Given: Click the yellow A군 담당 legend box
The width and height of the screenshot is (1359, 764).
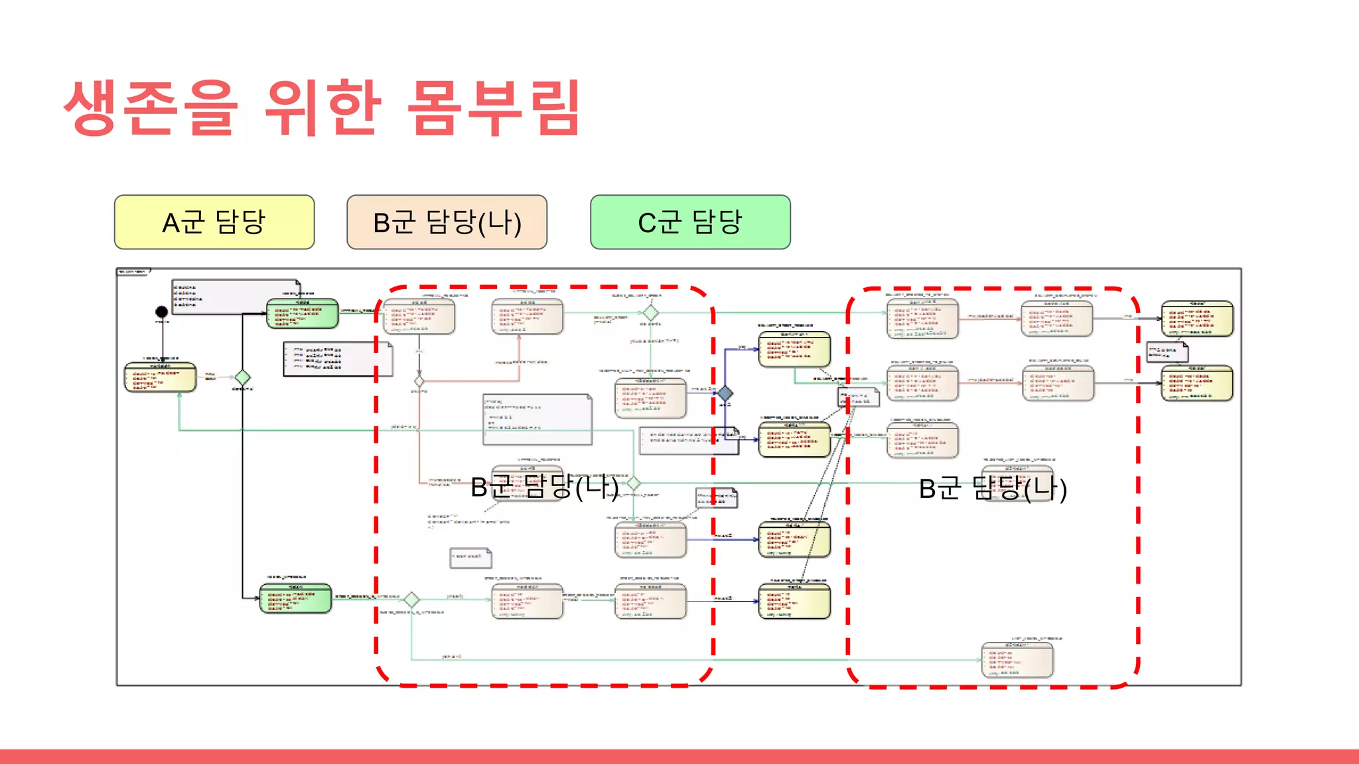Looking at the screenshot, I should coord(214,222).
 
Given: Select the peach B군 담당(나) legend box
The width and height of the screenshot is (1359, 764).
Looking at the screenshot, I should coord(447,222).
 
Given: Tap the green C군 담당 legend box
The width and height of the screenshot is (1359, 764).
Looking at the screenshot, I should coord(690,222).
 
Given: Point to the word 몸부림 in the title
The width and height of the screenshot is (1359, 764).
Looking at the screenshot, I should coord(494,107).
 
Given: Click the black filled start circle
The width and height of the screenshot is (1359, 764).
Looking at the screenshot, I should coord(161,312).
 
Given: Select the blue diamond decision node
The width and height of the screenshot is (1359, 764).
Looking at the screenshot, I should coord(725,394).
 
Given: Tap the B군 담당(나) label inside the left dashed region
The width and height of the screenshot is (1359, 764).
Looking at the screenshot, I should coord(544,487).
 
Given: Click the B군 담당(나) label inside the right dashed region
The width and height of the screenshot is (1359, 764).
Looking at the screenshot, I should coord(993,489).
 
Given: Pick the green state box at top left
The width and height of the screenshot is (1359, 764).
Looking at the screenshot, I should coord(303,314).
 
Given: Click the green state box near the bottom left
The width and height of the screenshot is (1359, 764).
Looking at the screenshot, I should coord(295,598).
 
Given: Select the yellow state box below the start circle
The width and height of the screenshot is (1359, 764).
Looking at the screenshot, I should coord(161,377).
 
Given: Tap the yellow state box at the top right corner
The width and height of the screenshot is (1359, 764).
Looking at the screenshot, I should coord(1197,319).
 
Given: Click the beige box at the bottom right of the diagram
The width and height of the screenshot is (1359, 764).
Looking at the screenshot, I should coord(1017,660).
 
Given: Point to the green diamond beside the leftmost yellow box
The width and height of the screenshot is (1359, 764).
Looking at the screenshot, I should coord(243,377).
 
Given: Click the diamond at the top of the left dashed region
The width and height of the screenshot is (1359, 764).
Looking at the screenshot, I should coord(651,312).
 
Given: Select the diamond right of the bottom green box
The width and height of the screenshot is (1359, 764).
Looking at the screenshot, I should coord(411,600).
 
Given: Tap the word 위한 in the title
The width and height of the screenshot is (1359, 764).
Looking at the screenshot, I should coord(323,107).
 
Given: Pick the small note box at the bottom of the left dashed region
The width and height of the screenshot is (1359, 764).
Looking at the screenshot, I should coord(470,558).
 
